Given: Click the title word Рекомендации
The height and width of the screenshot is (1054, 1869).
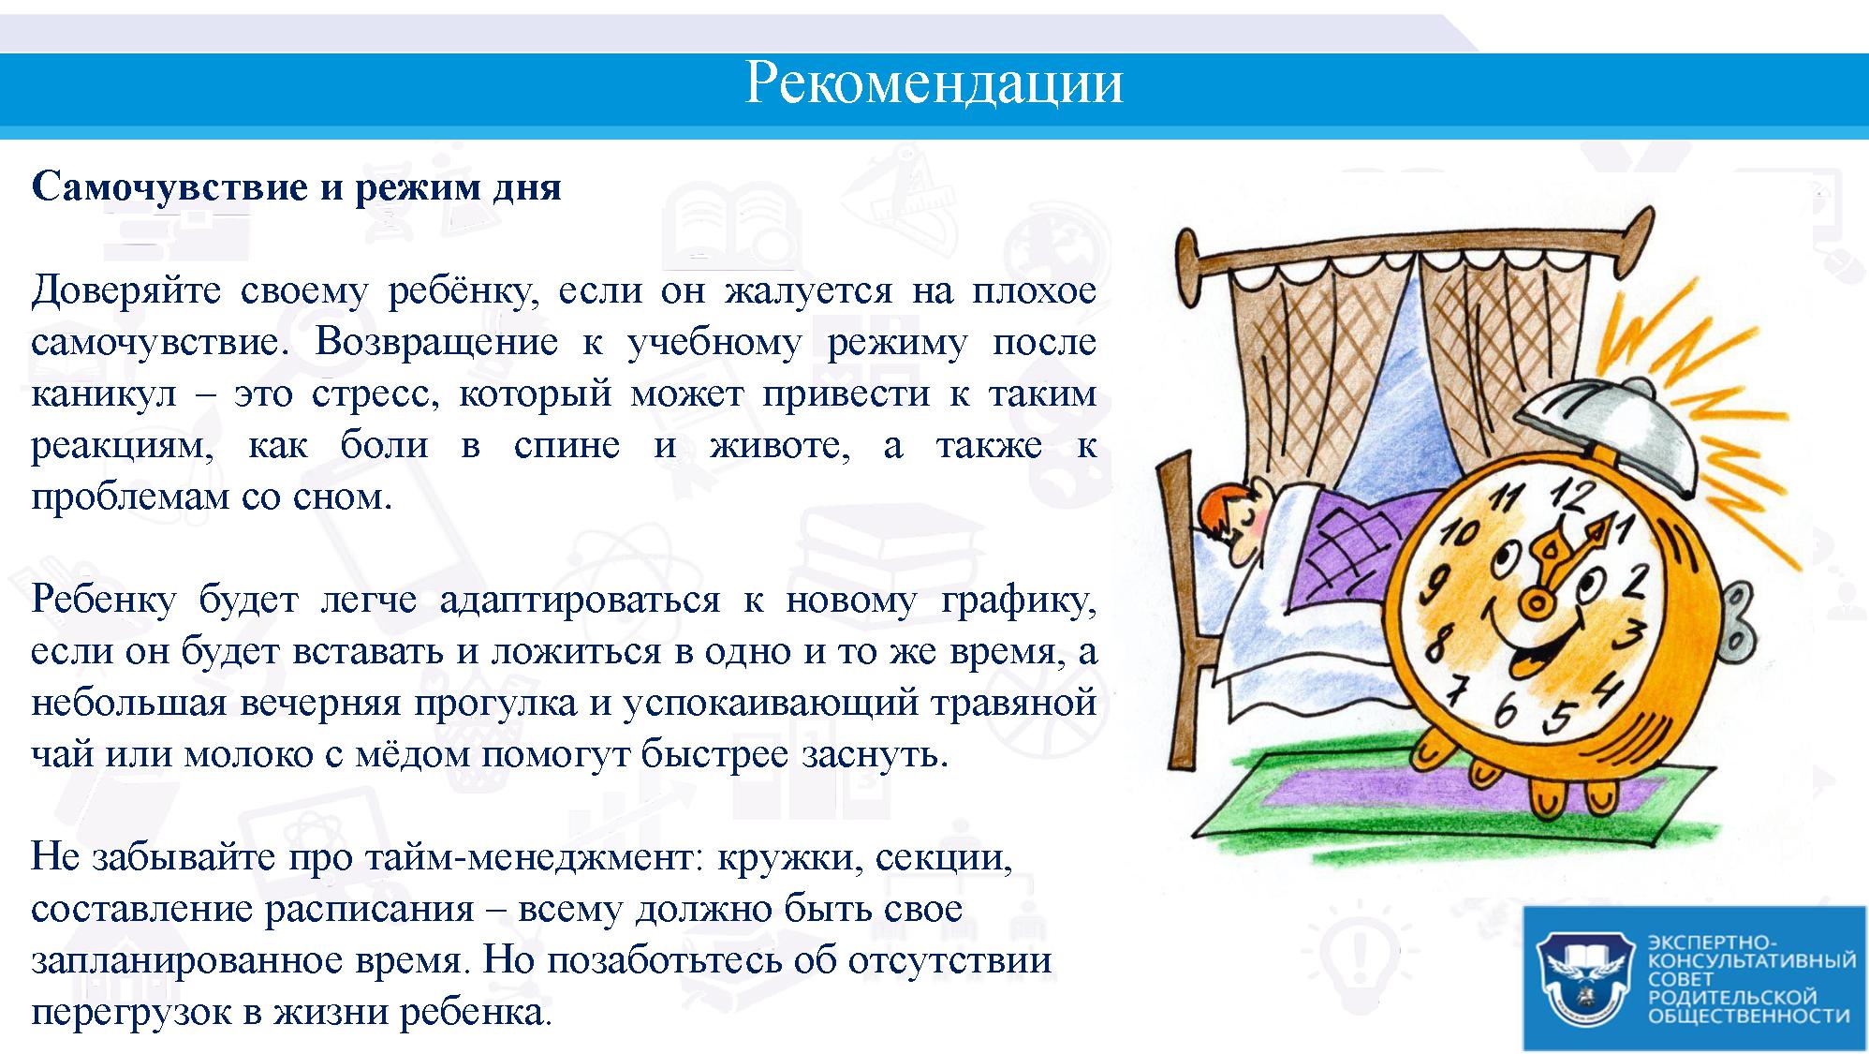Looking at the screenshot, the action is [x=934, y=83].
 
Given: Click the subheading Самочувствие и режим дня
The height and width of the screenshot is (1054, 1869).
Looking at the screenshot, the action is [x=297, y=187].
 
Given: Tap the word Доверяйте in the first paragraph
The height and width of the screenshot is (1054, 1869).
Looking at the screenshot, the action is [x=126, y=290].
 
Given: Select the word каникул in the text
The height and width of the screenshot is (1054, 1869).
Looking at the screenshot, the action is [x=104, y=393].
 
